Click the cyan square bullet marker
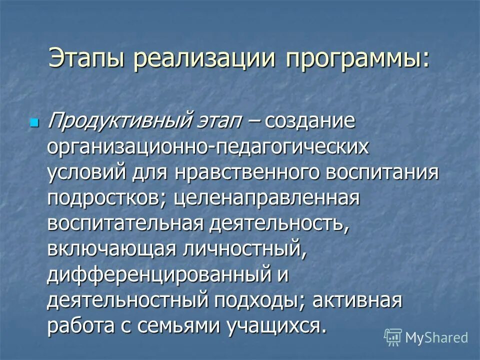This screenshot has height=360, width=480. (x=34, y=122)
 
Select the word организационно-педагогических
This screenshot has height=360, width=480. (x=208, y=148)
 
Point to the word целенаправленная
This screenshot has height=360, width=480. (x=267, y=198)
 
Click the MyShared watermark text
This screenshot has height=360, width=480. (x=436, y=338)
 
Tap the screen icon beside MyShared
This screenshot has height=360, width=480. (x=393, y=337)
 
